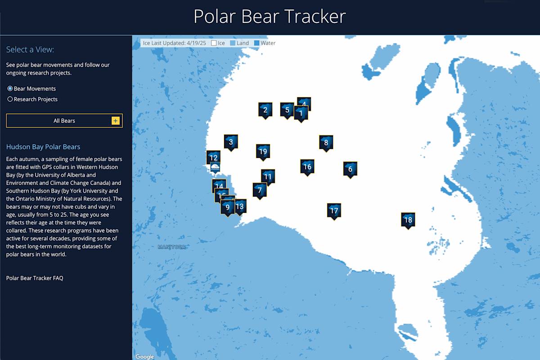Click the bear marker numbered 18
[408, 220]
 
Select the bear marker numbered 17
[334, 211]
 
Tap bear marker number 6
[350, 169]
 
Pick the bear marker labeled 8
[326, 143]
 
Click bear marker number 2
[265, 110]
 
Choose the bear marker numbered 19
[263, 152]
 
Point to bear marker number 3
[231, 142]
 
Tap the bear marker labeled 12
[213, 157]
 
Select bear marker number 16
[307, 166]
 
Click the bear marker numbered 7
[260, 190]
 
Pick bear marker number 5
[287, 110]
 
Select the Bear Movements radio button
[10, 89]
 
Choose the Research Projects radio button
[10, 99]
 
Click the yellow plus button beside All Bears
[116, 121]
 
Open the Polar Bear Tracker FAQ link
[35, 278]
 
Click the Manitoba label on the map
[171, 247]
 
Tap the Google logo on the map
[145, 357]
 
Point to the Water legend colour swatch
[257, 43]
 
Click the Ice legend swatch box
[214, 43]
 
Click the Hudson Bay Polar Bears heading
[43, 147]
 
